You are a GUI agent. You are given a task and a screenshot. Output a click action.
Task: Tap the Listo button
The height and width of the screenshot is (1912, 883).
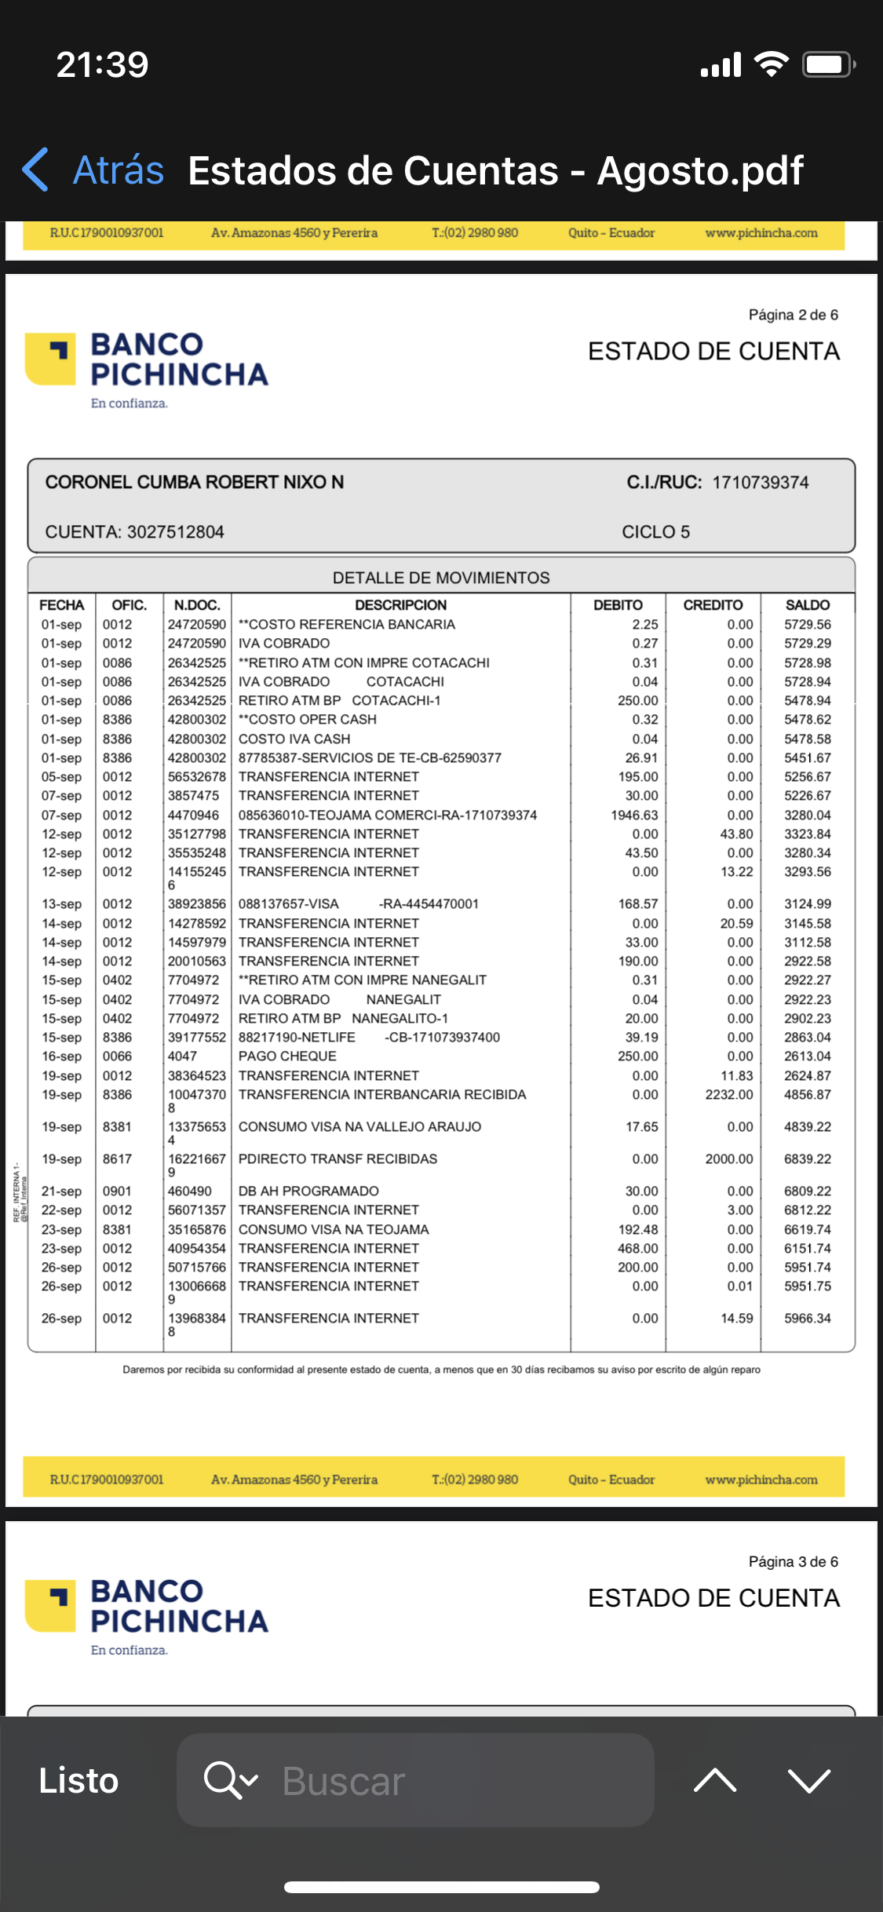point(78,1780)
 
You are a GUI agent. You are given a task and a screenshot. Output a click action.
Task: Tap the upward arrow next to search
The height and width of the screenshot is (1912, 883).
point(715,1780)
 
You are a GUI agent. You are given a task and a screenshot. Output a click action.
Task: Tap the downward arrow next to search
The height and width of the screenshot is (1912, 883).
point(808,1780)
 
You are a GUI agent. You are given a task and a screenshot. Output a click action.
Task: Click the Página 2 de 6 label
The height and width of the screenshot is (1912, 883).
point(793,315)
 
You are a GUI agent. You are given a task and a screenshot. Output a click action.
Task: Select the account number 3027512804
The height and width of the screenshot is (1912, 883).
point(175,532)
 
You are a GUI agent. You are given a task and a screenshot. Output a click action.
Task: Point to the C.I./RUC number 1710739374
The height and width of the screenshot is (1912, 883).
point(760,483)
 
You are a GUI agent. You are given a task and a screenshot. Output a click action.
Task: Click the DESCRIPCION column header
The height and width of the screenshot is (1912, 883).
point(400,605)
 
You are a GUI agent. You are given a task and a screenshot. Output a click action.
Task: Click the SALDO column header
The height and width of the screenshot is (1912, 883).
point(807,605)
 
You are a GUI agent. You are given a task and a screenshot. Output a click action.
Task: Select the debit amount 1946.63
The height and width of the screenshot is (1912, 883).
point(634,816)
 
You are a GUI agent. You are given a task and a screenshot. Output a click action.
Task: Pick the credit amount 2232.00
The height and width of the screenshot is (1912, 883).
point(728,1095)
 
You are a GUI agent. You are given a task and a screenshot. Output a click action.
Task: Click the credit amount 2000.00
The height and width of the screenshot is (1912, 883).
point(728,1159)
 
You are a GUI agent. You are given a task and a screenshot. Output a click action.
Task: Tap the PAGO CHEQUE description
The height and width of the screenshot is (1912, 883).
point(287,1056)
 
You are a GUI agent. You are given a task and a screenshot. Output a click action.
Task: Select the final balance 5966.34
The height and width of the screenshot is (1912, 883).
point(807,1319)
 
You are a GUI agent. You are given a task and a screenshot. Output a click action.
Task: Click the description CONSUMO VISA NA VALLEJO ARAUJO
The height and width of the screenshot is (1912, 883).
point(359,1127)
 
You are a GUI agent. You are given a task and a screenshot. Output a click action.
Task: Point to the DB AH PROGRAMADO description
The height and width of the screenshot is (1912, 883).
point(308,1191)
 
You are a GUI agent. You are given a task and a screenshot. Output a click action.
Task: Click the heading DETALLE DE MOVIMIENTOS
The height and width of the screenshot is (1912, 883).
point(441,578)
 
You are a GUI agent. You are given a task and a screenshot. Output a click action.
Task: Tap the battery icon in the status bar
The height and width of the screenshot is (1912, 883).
point(827,64)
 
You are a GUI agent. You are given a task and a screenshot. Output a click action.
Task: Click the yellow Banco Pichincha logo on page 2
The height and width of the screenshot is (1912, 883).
point(51,359)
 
